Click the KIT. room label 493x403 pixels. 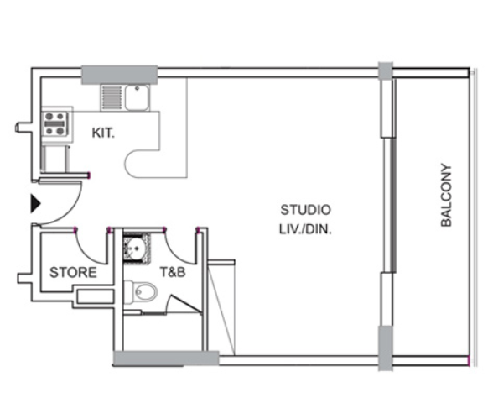point(103,133)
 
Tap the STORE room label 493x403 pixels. point(73,272)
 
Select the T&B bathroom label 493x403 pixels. point(173,272)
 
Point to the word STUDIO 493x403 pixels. point(305,210)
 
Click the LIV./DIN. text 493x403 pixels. point(305,229)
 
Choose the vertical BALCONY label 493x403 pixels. point(446,195)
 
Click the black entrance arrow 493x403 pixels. point(35,204)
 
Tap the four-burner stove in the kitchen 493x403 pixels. point(56,123)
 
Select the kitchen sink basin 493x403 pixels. point(137,97)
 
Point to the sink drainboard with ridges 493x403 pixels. point(112,97)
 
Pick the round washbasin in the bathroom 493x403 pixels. point(137,249)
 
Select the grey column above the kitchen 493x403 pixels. point(119,75)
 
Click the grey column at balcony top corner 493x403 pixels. point(386,71)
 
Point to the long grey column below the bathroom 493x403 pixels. point(166,359)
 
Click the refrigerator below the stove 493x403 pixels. point(54,158)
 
